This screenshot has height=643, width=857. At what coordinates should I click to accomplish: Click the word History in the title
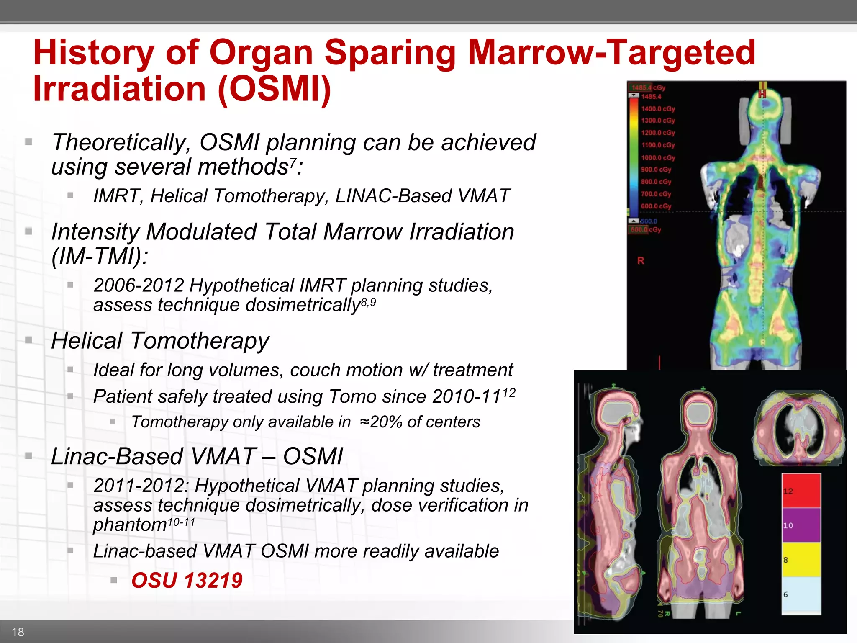[x=93, y=53]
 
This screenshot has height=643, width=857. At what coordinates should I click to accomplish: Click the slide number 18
[x=18, y=632]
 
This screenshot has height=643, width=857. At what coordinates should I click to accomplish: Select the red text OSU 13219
[x=187, y=581]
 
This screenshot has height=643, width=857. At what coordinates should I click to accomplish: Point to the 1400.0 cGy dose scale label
[x=658, y=109]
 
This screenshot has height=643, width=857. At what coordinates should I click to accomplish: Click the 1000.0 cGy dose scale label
[x=658, y=158]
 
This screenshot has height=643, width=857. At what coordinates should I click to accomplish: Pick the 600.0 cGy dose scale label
[x=656, y=206]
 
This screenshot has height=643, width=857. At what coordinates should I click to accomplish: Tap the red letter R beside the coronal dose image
[x=641, y=261]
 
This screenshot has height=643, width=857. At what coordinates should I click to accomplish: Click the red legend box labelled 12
[x=801, y=491]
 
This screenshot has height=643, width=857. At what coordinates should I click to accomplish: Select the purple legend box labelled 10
[x=801, y=525]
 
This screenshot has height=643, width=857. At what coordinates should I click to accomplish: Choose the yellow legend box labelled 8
[x=801, y=560]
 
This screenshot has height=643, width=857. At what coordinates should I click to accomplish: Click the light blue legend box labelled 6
[x=801, y=594]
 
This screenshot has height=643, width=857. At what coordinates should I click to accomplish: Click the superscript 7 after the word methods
[x=293, y=162]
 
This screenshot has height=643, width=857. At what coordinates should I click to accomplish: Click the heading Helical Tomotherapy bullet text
[x=160, y=341]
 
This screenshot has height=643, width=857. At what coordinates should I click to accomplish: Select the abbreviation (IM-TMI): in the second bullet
[x=100, y=256]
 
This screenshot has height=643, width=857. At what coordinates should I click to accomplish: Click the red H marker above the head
[x=762, y=93]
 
